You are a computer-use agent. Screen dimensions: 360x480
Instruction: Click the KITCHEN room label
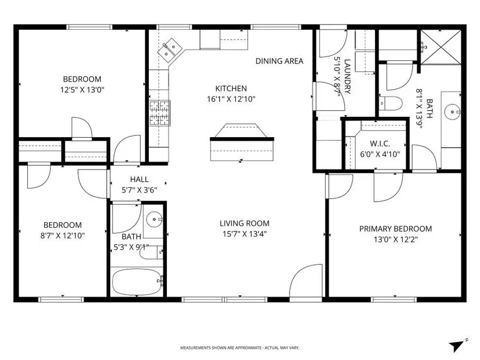(231, 89)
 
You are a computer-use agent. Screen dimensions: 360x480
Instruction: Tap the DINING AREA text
(279, 61)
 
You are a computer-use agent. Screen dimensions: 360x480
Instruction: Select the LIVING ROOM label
(244, 223)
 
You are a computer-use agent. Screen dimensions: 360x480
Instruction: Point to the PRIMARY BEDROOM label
(395, 229)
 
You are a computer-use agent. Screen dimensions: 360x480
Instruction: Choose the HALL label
(139, 180)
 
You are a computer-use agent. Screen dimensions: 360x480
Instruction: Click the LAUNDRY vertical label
(347, 76)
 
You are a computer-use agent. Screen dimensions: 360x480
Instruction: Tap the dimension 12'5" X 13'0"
(82, 90)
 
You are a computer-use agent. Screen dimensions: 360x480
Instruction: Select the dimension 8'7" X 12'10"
(63, 235)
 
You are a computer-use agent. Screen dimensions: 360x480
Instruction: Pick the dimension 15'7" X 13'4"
(244, 233)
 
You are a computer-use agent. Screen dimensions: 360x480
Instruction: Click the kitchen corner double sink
(171, 50)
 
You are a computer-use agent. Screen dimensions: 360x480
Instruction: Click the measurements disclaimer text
(240, 348)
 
